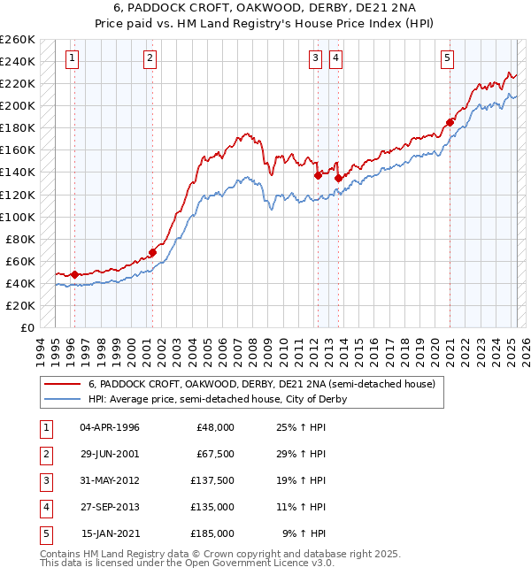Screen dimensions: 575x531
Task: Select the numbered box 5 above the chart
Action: tap(448, 59)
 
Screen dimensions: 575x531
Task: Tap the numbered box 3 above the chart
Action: tap(316, 59)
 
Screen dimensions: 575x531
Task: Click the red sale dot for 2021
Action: tap(450, 122)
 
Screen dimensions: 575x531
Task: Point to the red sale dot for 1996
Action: tap(74, 274)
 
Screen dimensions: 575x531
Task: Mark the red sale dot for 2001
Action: tap(152, 252)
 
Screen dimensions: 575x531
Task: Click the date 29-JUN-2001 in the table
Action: tap(110, 454)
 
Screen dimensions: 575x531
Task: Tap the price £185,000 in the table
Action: tap(213, 533)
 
